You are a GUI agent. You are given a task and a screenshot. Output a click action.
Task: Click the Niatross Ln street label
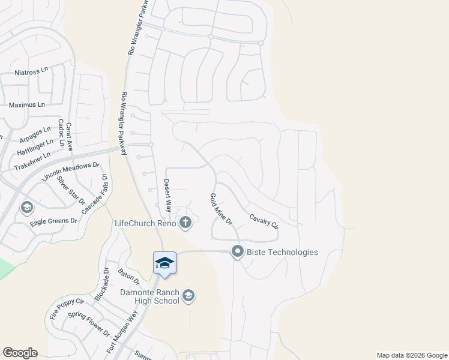(31, 73)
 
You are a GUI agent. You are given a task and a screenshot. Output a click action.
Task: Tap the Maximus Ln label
(27, 104)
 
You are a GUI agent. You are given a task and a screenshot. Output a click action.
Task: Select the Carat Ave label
(69, 136)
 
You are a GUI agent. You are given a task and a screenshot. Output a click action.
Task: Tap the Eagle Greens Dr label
(54, 221)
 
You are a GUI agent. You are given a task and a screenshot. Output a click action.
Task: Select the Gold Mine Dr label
(221, 209)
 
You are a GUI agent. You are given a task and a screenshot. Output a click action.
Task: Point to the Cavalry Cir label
(264, 222)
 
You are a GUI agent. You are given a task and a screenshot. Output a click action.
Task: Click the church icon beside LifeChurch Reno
(186, 223)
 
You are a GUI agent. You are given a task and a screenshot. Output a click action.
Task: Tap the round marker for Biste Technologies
(238, 252)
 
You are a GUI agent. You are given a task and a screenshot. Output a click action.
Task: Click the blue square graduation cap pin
(164, 263)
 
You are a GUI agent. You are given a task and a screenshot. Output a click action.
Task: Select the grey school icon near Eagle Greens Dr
(26, 208)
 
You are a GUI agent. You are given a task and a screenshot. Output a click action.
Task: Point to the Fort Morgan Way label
(122, 332)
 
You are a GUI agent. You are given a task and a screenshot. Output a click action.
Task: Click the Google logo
(20, 353)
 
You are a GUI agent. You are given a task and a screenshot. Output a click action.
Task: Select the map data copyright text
(411, 355)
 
